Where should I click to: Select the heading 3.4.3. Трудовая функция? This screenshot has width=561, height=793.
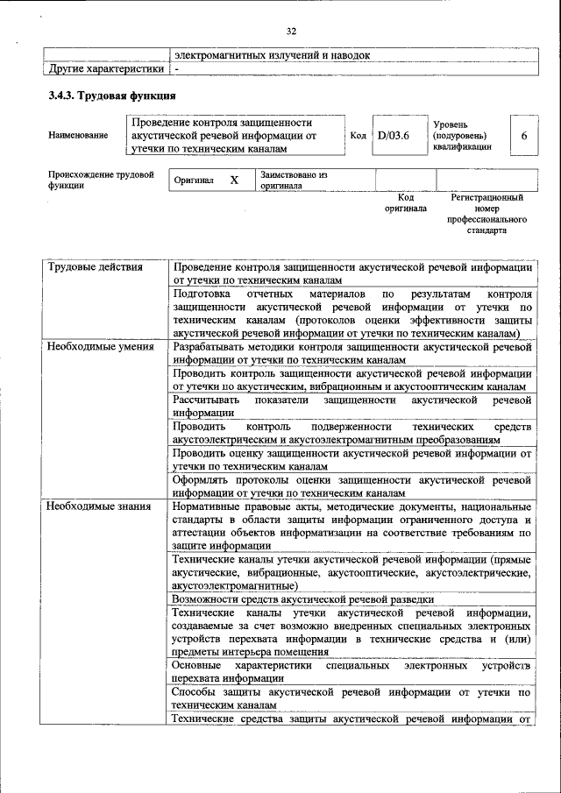(111, 96)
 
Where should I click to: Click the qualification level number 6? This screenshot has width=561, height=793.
(523, 136)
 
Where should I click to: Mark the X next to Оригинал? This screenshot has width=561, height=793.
(234, 181)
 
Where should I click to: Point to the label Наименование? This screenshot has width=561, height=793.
(79, 136)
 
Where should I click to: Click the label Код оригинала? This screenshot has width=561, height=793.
(405, 203)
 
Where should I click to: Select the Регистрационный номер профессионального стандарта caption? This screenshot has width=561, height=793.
(487, 216)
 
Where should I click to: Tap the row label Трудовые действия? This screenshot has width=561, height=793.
(95, 266)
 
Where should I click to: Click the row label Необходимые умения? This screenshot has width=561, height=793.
(101, 347)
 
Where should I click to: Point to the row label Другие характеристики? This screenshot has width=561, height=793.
(106, 68)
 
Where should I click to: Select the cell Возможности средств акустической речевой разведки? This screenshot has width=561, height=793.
(302, 598)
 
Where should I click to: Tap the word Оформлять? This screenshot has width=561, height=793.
(203, 480)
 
